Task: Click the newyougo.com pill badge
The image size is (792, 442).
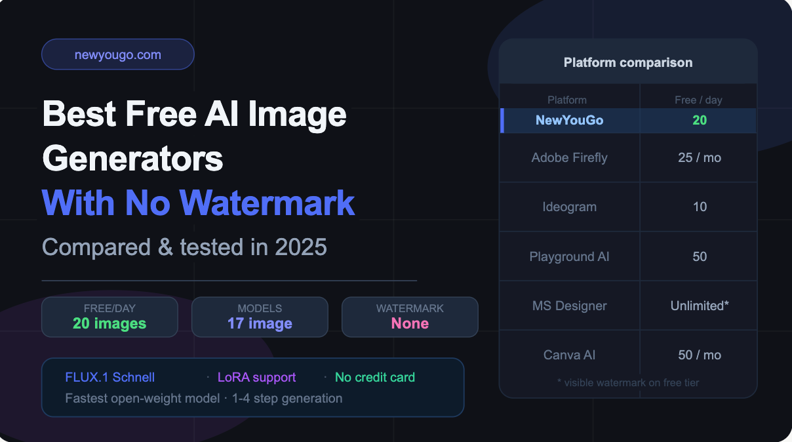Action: tap(118, 54)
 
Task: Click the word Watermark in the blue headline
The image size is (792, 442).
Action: tap(267, 203)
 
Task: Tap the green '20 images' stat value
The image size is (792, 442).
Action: tap(109, 323)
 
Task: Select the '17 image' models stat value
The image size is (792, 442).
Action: tap(260, 323)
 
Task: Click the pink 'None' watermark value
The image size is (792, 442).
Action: tap(410, 323)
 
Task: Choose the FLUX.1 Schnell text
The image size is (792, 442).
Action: tap(110, 377)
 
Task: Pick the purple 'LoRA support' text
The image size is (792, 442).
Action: tap(257, 377)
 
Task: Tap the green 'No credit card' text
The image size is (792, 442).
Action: tap(375, 377)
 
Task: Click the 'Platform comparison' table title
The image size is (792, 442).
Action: tap(628, 62)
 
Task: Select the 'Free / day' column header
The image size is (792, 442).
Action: tap(698, 100)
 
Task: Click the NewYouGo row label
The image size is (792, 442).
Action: tap(569, 120)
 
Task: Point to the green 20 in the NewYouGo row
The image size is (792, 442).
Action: tap(700, 120)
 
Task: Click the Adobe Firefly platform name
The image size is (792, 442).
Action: tap(569, 157)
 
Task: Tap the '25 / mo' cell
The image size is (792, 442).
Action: tap(700, 157)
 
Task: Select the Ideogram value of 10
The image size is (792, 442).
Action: tap(700, 207)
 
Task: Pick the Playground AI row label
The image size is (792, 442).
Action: tap(569, 256)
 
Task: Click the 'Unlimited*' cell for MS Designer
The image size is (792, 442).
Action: tap(700, 306)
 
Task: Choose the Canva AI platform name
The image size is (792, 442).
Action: tap(569, 355)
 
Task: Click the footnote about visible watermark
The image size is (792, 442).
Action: tap(628, 382)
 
